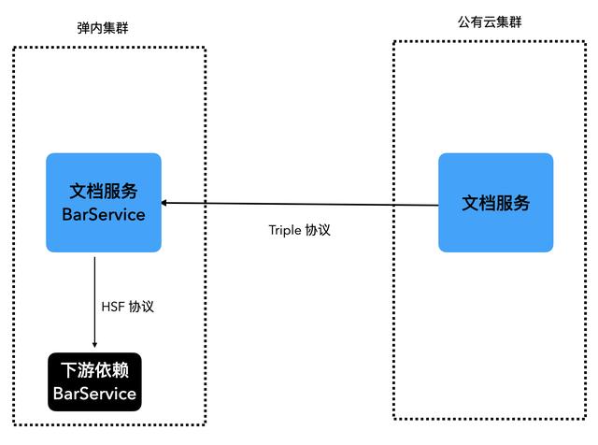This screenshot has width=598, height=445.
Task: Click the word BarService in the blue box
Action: (103, 214)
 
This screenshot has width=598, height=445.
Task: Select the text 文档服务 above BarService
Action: (104, 192)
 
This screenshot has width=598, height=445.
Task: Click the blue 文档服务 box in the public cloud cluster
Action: (495, 203)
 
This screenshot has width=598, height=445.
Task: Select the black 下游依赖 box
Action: (94, 381)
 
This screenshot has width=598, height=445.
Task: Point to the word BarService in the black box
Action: (94, 394)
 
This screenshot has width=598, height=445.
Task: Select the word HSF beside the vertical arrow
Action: (114, 305)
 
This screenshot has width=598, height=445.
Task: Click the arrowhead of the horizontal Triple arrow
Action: (165, 201)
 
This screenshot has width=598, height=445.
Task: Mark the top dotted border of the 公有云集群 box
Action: (491, 41)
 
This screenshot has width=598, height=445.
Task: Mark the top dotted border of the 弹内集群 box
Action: (108, 48)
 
